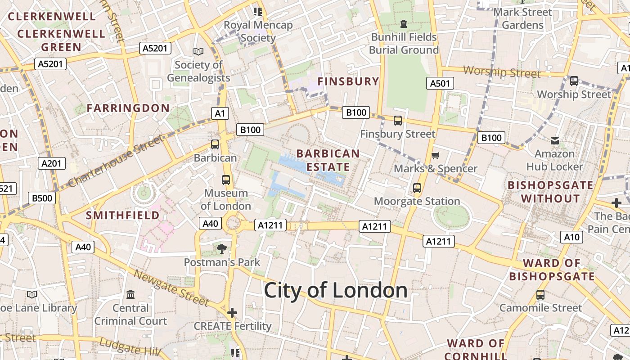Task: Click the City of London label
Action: click(335, 290)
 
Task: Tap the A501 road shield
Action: click(440, 83)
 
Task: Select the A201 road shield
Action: click(52, 163)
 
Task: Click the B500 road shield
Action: click(42, 198)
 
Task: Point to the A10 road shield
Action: click(571, 237)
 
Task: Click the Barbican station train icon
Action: click(215, 144)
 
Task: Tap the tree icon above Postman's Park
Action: click(221, 248)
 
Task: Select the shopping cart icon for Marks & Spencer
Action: click(435, 156)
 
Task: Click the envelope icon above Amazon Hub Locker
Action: click(554, 141)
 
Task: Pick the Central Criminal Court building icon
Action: click(130, 295)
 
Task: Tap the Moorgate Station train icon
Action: click(417, 188)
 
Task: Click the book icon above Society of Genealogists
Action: click(198, 52)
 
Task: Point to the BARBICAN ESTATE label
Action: click(328, 160)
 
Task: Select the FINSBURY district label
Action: click(348, 81)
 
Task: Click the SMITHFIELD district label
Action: click(123, 216)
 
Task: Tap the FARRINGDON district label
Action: click(128, 108)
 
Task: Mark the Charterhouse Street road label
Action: click(116, 162)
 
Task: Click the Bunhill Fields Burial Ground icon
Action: click(403, 23)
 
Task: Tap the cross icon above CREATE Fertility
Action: click(232, 313)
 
